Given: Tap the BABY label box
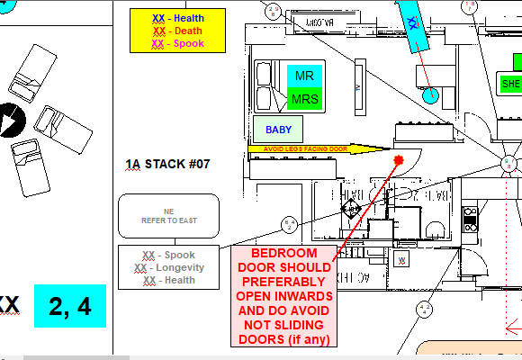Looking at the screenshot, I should (x=278, y=130).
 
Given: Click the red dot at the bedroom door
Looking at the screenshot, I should (x=399, y=159).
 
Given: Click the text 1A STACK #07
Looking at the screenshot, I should (x=167, y=165).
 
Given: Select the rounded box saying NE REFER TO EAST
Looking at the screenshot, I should (x=168, y=216).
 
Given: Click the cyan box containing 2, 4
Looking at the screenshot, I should (x=70, y=307).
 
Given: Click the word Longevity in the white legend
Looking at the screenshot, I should (x=177, y=267).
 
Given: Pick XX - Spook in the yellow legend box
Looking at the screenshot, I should (x=177, y=43).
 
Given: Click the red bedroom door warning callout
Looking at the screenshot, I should (x=284, y=296).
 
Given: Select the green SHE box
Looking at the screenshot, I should (x=510, y=84).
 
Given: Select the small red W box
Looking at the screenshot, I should (x=402, y=260).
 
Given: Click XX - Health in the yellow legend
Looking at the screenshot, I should (x=177, y=18).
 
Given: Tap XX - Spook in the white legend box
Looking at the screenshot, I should (x=168, y=255).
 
